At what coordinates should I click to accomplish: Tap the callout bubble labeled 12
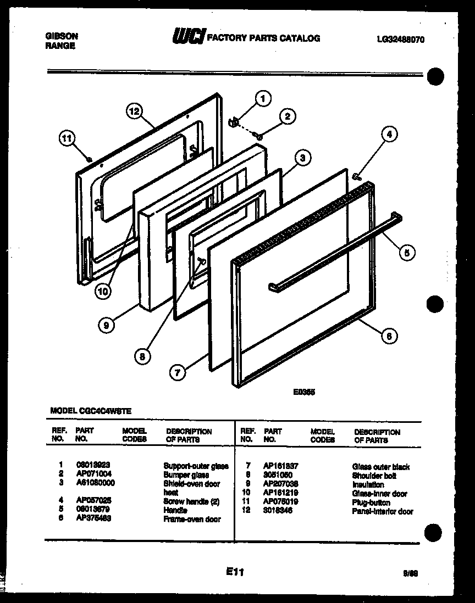(x=134, y=111)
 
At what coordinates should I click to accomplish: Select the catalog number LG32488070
(x=401, y=40)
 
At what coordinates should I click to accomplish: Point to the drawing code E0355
(x=303, y=393)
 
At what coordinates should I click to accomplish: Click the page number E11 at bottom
(x=234, y=572)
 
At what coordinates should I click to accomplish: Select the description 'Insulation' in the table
(x=368, y=485)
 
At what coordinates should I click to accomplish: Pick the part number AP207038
(x=280, y=485)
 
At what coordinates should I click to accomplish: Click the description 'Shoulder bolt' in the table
(x=374, y=476)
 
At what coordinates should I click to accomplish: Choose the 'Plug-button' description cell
(x=371, y=503)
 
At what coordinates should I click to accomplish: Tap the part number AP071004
(x=94, y=474)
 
